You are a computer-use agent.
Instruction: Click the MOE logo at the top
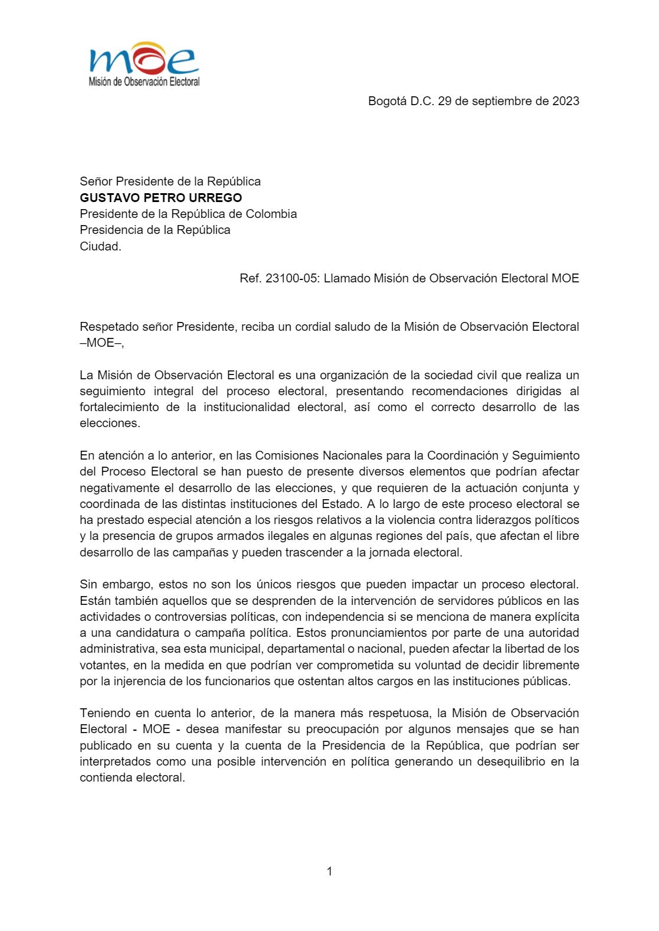tap(143, 64)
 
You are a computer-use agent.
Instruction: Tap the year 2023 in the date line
tap(565, 101)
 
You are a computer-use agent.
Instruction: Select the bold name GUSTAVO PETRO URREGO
tap(161, 198)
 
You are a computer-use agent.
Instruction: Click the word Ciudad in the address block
tap(100, 246)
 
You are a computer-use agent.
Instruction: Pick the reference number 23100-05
tap(291, 278)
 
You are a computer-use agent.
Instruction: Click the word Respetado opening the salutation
tap(107, 327)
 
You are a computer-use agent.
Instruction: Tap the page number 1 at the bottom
tap(329, 871)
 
